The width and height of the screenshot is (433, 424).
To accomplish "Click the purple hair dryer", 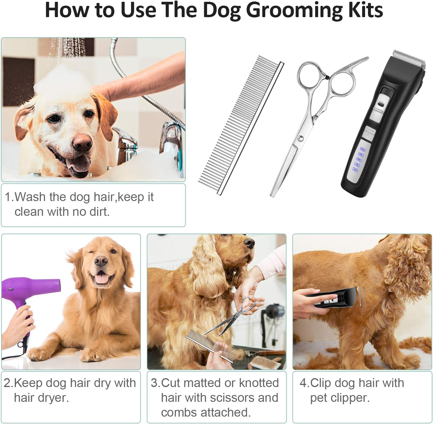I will [27, 288].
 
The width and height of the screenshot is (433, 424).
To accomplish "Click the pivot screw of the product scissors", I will [301, 138].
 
